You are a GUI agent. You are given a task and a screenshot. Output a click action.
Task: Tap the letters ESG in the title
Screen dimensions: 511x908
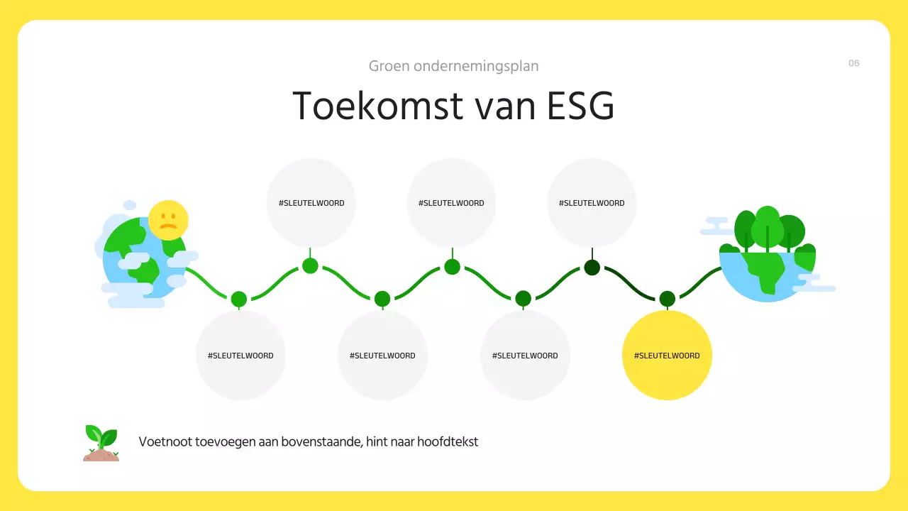tap(580, 106)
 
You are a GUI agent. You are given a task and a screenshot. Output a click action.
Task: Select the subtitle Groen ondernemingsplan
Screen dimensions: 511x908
tap(453, 66)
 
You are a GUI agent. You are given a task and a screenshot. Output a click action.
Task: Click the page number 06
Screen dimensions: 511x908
tap(854, 63)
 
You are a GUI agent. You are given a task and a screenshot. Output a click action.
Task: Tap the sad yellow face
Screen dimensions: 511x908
tap(168, 220)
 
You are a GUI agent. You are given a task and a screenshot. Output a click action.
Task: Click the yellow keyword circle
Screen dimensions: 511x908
tap(667, 355)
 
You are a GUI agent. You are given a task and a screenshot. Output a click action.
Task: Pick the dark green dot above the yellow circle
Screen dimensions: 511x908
tap(667, 299)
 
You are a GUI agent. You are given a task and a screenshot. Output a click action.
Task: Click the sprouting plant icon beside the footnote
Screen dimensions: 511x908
tap(101, 443)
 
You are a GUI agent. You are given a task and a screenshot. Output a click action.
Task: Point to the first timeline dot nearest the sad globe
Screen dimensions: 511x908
tap(239, 299)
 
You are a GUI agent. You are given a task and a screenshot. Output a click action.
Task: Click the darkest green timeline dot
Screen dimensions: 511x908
tap(592, 268)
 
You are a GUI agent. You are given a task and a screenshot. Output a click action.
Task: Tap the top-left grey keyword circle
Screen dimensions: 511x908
tap(311, 203)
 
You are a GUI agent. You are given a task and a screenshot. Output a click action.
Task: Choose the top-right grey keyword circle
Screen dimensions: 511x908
tap(592, 203)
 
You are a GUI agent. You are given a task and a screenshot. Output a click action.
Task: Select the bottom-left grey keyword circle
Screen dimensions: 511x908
tap(240, 355)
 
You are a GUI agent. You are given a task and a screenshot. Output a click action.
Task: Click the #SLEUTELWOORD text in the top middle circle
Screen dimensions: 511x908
tap(451, 203)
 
